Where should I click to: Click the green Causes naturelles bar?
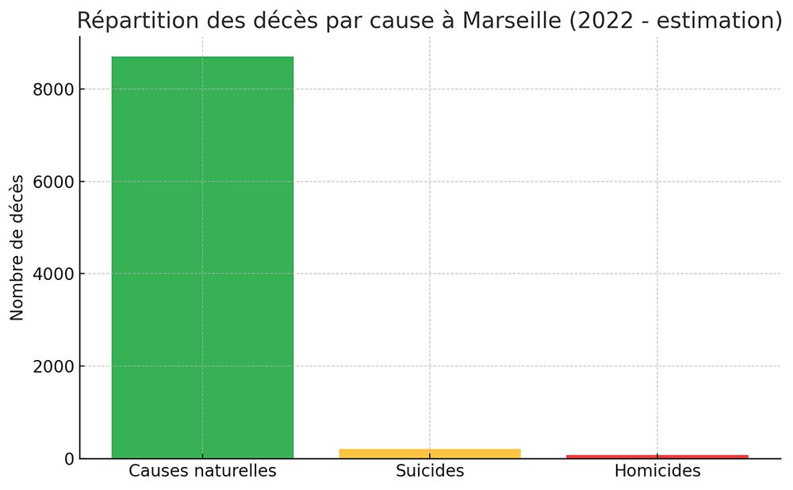(x=202, y=257)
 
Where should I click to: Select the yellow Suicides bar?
(x=430, y=454)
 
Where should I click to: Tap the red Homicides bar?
(x=657, y=457)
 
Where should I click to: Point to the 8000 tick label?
(x=53, y=90)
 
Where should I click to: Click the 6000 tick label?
(x=53, y=182)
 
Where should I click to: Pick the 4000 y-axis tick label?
(x=53, y=274)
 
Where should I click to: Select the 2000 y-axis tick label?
(x=53, y=366)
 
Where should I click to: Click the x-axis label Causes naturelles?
(x=202, y=471)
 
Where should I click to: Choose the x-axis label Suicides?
(x=430, y=471)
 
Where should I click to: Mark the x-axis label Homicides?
(x=657, y=471)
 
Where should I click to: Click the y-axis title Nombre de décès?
(x=17, y=247)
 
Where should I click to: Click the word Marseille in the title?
(x=510, y=21)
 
